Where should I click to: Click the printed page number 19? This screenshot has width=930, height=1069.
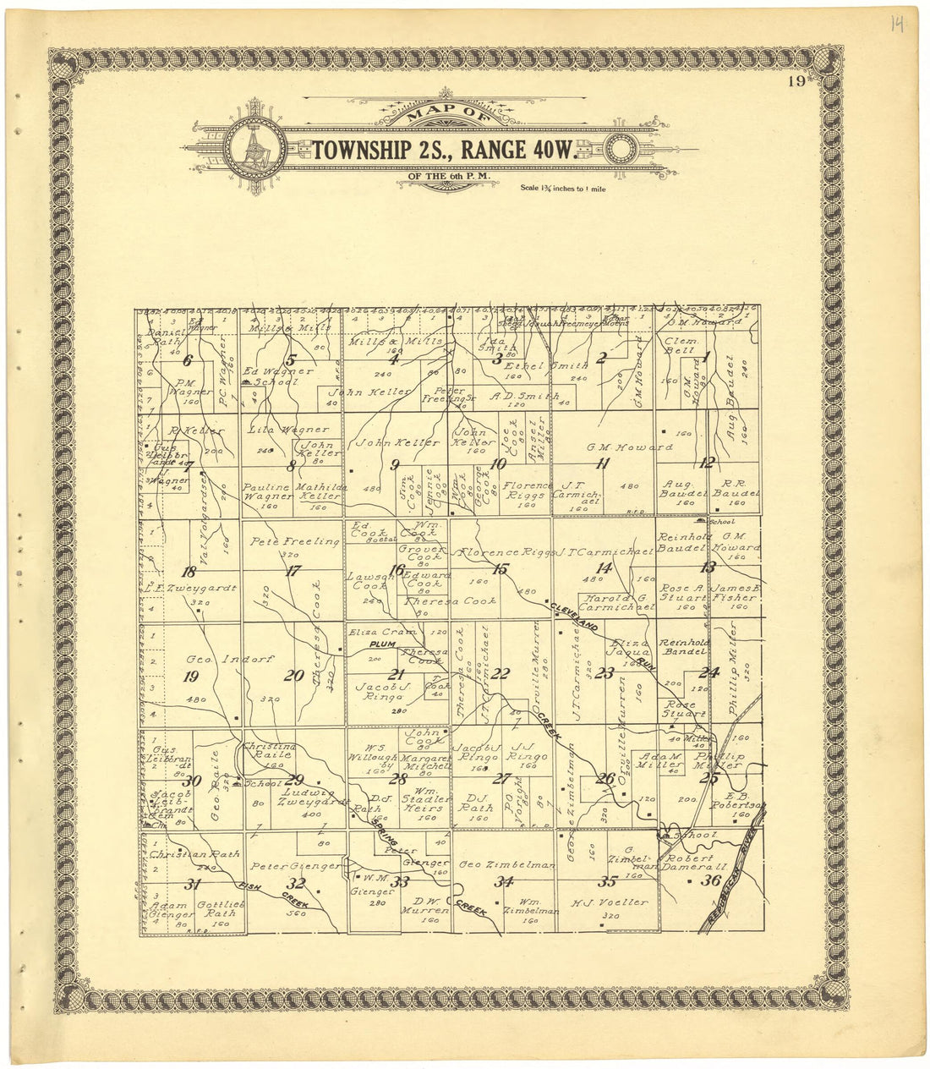click(x=796, y=81)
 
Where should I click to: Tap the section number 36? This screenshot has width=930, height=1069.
click(x=711, y=880)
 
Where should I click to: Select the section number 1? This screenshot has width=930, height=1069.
click(x=706, y=357)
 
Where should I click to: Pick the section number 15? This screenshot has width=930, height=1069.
click(x=501, y=569)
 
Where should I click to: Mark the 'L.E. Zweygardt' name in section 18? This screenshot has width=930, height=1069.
click(x=189, y=587)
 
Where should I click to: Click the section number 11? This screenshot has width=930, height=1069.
click(x=602, y=463)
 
